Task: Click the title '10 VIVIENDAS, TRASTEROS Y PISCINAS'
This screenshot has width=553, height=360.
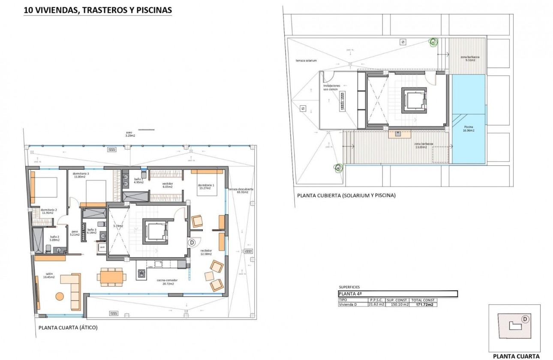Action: [x=98, y=10]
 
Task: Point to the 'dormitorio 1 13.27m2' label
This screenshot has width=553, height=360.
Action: [x=206, y=187]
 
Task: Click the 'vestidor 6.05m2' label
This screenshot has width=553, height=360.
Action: [x=167, y=185]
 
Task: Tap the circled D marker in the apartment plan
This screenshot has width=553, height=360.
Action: [x=192, y=243]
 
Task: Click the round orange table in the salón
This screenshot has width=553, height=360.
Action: [x=60, y=296]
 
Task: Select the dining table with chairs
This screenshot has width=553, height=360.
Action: [x=111, y=276]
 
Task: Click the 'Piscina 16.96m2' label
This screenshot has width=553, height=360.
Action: [x=469, y=129]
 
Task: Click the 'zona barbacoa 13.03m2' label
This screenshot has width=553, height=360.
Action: [x=424, y=146]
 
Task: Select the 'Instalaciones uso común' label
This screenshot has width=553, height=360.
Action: [x=332, y=87]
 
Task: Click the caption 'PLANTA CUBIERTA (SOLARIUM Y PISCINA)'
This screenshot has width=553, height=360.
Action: [x=346, y=195]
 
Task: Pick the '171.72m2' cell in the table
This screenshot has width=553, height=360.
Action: [x=424, y=305]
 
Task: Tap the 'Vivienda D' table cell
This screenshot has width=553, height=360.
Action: [x=348, y=305]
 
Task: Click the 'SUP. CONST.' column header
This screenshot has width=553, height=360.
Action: [x=397, y=300]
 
